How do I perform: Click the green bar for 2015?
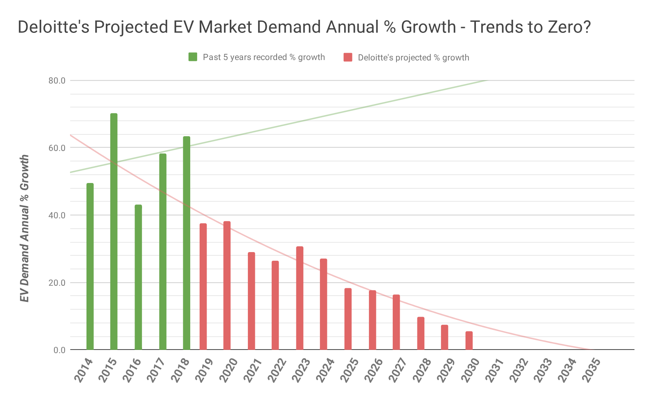click(x=114, y=232)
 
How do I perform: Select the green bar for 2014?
click(x=90, y=266)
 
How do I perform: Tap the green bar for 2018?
click(x=186, y=243)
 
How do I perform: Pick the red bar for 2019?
click(x=203, y=287)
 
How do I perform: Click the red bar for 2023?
click(x=300, y=298)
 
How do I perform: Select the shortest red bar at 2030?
click(x=469, y=340)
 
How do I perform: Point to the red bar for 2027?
click(x=396, y=322)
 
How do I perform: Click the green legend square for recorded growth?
click(x=193, y=57)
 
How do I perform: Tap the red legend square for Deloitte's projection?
click(x=347, y=57)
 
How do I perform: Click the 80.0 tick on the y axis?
click(x=57, y=81)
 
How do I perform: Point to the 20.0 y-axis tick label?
click(x=57, y=283)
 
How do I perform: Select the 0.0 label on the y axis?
click(x=59, y=350)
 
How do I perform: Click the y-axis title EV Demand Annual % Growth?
click(x=25, y=228)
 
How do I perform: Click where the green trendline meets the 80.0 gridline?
click(x=487, y=80)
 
